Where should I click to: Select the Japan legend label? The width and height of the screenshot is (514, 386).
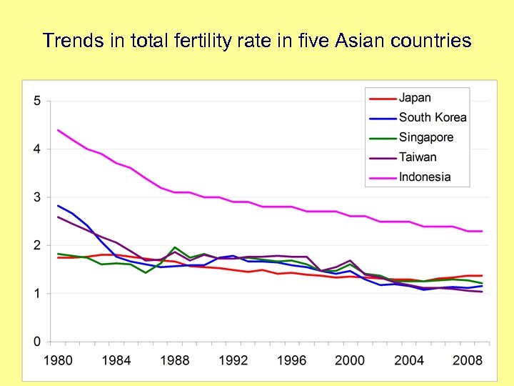[x=415, y=98]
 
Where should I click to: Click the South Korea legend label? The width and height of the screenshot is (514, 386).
[x=433, y=118]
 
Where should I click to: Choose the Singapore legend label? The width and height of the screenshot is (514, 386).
[x=426, y=137]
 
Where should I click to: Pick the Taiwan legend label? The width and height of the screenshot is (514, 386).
[x=418, y=157]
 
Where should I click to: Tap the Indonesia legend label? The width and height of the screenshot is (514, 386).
[x=425, y=177]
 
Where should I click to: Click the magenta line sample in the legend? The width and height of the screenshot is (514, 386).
[x=381, y=177]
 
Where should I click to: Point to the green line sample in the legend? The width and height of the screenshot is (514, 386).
[x=381, y=137]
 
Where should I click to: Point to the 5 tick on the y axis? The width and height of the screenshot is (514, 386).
[x=37, y=101]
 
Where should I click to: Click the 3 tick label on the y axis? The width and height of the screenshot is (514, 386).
[x=37, y=197]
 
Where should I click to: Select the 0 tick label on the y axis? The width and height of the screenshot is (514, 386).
[x=37, y=342]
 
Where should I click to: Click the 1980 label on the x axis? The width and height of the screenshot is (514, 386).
[x=58, y=360]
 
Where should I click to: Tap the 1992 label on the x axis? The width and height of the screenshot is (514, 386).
[x=233, y=360]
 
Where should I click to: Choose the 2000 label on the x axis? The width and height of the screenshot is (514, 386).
[x=350, y=360]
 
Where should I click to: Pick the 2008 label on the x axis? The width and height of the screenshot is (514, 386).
[x=467, y=360]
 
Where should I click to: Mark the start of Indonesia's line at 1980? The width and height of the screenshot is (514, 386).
[x=58, y=130]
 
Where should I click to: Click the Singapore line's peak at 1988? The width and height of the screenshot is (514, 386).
[x=175, y=247]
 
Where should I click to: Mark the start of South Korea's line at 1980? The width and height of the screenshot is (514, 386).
[x=58, y=205]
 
